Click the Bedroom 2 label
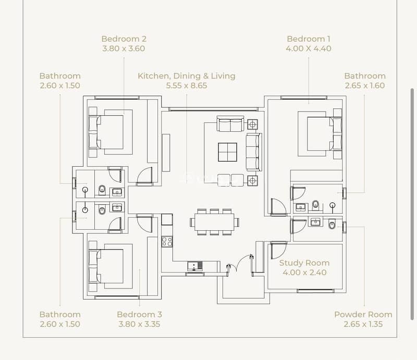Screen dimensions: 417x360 tap(124, 39)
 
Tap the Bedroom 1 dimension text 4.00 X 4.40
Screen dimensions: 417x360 tap(309, 48)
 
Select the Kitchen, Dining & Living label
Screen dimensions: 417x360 tap(187, 76)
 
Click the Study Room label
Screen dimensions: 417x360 tap(304, 263)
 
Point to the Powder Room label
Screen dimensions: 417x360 tap(363, 315)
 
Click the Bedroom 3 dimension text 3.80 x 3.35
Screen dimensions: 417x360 tap(139, 324)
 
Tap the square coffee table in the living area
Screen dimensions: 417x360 tap(228, 152)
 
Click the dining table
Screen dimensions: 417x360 tap(214, 222)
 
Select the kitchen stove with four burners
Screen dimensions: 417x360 tap(167, 242)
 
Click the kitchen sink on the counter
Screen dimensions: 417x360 tap(195, 266)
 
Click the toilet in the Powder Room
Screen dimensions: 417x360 tap(332, 224)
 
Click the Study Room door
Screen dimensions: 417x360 tap(278, 250)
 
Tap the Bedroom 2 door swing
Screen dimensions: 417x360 tap(144, 176)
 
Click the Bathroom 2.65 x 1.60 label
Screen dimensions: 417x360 tap(365, 81)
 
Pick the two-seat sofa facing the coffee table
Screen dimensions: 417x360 tap(230, 123)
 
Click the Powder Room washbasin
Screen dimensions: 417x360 tap(315, 221)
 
